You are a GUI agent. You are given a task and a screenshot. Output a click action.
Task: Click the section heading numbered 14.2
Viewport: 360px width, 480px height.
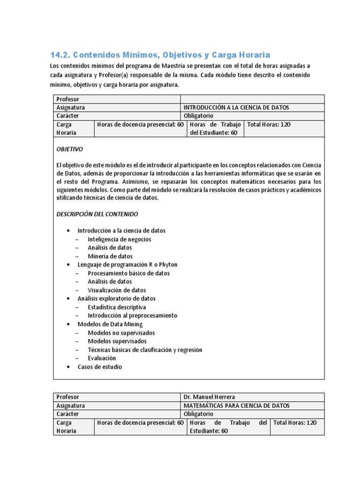coord(160,55)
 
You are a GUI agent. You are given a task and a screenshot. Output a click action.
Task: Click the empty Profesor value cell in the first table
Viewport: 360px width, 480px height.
coord(252,99)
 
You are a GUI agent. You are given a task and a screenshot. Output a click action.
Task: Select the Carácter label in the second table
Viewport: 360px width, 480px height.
coord(68,414)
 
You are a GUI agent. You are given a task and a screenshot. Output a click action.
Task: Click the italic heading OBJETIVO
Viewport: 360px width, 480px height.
coord(69,149)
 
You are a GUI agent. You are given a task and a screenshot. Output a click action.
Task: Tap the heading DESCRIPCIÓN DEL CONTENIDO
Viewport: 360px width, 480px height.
coord(97,214)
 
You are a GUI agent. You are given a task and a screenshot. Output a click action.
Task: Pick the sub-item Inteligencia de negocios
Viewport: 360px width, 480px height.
coord(119,239)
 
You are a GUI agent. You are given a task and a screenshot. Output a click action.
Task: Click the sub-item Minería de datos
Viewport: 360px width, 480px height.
coord(110,256)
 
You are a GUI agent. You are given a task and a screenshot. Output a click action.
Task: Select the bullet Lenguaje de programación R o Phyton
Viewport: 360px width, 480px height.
coord(127,265)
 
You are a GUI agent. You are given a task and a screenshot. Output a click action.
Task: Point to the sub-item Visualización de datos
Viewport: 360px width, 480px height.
coord(117,290)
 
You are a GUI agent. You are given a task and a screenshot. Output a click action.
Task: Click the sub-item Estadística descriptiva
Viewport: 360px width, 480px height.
coord(117,307)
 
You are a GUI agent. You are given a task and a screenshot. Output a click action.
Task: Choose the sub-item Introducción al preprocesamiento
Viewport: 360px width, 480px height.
coord(132,315)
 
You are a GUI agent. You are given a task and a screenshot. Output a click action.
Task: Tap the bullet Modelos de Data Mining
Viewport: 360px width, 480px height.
coord(110,324)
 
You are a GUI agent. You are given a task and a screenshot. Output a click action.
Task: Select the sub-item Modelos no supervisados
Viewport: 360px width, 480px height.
coord(121,333)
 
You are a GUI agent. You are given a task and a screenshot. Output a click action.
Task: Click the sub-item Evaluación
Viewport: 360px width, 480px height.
coord(102,358)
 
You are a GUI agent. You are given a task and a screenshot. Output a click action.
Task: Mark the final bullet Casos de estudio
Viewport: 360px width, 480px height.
coord(99,367)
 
